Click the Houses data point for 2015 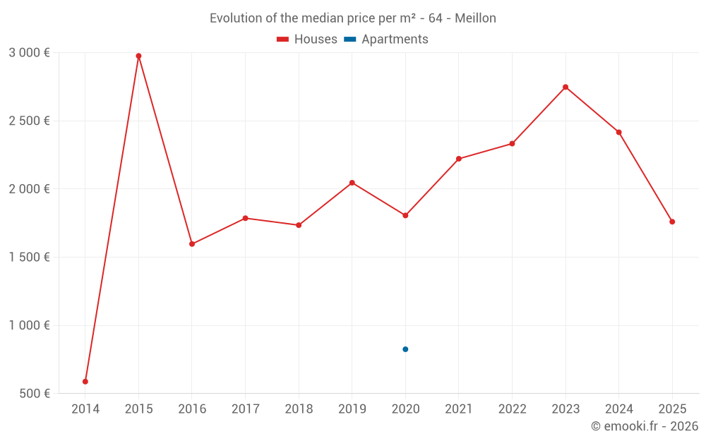[138, 56]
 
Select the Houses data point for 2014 [85, 382]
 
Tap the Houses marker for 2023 [566, 87]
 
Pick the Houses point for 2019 [352, 183]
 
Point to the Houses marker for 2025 [672, 222]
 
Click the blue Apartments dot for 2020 [405, 349]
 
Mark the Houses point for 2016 [192, 244]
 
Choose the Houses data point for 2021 [459, 159]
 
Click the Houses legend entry [307, 40]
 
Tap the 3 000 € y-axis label [29, 52]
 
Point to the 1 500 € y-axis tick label [29, 257]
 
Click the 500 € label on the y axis [35, 394]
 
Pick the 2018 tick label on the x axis [299, 409]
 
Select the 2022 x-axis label [512, 409]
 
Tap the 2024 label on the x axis [619, 409]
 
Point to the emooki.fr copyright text [645, 426]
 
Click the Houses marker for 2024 [619, 132]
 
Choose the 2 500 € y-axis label [29, 121]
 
